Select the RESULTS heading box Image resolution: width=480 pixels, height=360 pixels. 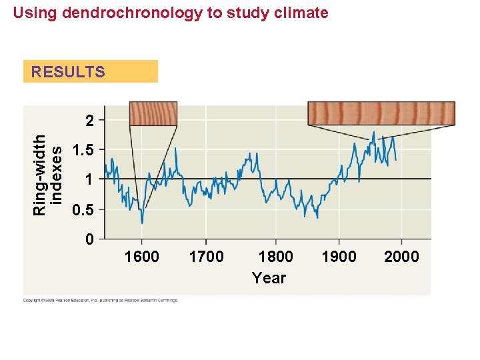pos(90,71)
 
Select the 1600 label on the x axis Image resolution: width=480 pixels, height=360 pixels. pos(141,257)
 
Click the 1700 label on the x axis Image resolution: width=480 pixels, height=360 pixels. pos(206,257)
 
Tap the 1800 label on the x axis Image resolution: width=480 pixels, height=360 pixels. pos(275,257)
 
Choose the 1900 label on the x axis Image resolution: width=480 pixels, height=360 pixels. pos(339,257)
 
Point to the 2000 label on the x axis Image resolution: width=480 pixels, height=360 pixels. pos(401,257)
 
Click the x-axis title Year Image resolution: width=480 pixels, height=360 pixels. pos(269,278)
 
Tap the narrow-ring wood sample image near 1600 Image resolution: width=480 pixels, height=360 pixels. pos(153,113)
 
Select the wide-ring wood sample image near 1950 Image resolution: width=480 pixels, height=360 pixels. pos(381,113)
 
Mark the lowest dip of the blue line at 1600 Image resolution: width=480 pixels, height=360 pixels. pos(141,223)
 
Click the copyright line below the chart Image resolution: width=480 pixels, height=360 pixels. pos(101,301)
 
